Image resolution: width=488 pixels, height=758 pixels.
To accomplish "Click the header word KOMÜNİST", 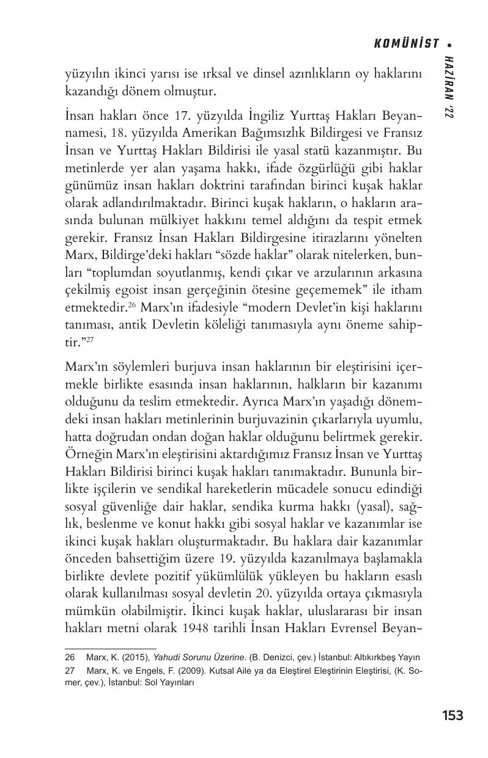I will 406,43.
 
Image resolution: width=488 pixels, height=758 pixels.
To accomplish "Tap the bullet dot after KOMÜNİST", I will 450,44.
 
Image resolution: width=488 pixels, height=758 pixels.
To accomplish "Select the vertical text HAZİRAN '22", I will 450,86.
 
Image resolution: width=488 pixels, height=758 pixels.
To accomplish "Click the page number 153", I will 452,715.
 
